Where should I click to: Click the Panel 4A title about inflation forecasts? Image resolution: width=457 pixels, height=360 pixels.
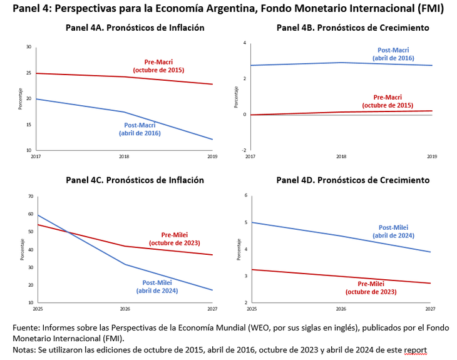[135, 28]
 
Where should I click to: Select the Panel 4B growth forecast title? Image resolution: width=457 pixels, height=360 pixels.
[353, 28]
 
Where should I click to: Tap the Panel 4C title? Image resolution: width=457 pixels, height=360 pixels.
[135, 180]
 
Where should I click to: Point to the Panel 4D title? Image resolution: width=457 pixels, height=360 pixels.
[353, 180]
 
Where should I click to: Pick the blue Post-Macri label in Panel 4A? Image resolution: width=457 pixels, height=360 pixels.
[139, 129]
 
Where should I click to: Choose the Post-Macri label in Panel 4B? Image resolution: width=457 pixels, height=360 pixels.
[393, 54]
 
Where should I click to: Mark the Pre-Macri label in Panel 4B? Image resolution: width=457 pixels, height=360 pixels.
[393, 101]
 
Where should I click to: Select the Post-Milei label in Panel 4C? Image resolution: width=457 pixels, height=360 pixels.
[157, 286]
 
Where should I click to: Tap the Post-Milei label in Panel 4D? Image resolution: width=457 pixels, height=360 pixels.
[393, 232]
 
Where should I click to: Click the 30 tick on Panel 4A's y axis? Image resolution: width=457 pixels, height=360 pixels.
[29, 47]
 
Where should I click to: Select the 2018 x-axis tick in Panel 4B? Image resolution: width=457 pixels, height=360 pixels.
[341, 156]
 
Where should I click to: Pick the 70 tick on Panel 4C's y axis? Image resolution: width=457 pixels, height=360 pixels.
[30, 197]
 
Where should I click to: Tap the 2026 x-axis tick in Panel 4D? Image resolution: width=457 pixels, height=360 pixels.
[341, 309]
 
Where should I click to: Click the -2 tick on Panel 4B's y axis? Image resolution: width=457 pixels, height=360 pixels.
[245, 151]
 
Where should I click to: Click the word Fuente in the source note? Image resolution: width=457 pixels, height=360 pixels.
[27, 327]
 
